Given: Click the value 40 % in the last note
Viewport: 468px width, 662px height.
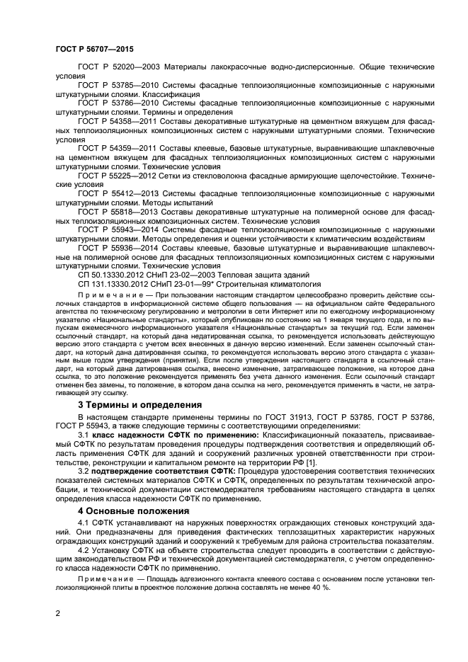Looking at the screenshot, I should pos(321,588).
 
